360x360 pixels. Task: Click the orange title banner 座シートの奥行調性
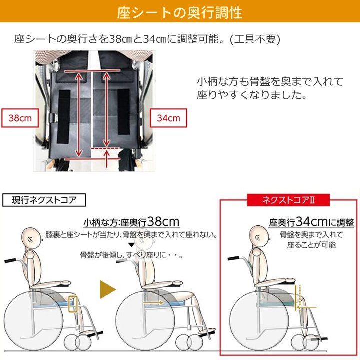pyautogui.click(x=180, y=12)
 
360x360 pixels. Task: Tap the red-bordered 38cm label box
pyautogui.click(x=20, y=118)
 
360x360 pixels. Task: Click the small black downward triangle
pyautogui.click(x=131, y=245)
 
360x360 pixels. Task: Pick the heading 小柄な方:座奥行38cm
pyautogui.click(x=131, y=222)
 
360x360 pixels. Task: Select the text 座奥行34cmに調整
pyautogui.click(x=311, y=222)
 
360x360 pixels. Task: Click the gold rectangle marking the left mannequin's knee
pyautogui.click(x=74, y=304)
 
